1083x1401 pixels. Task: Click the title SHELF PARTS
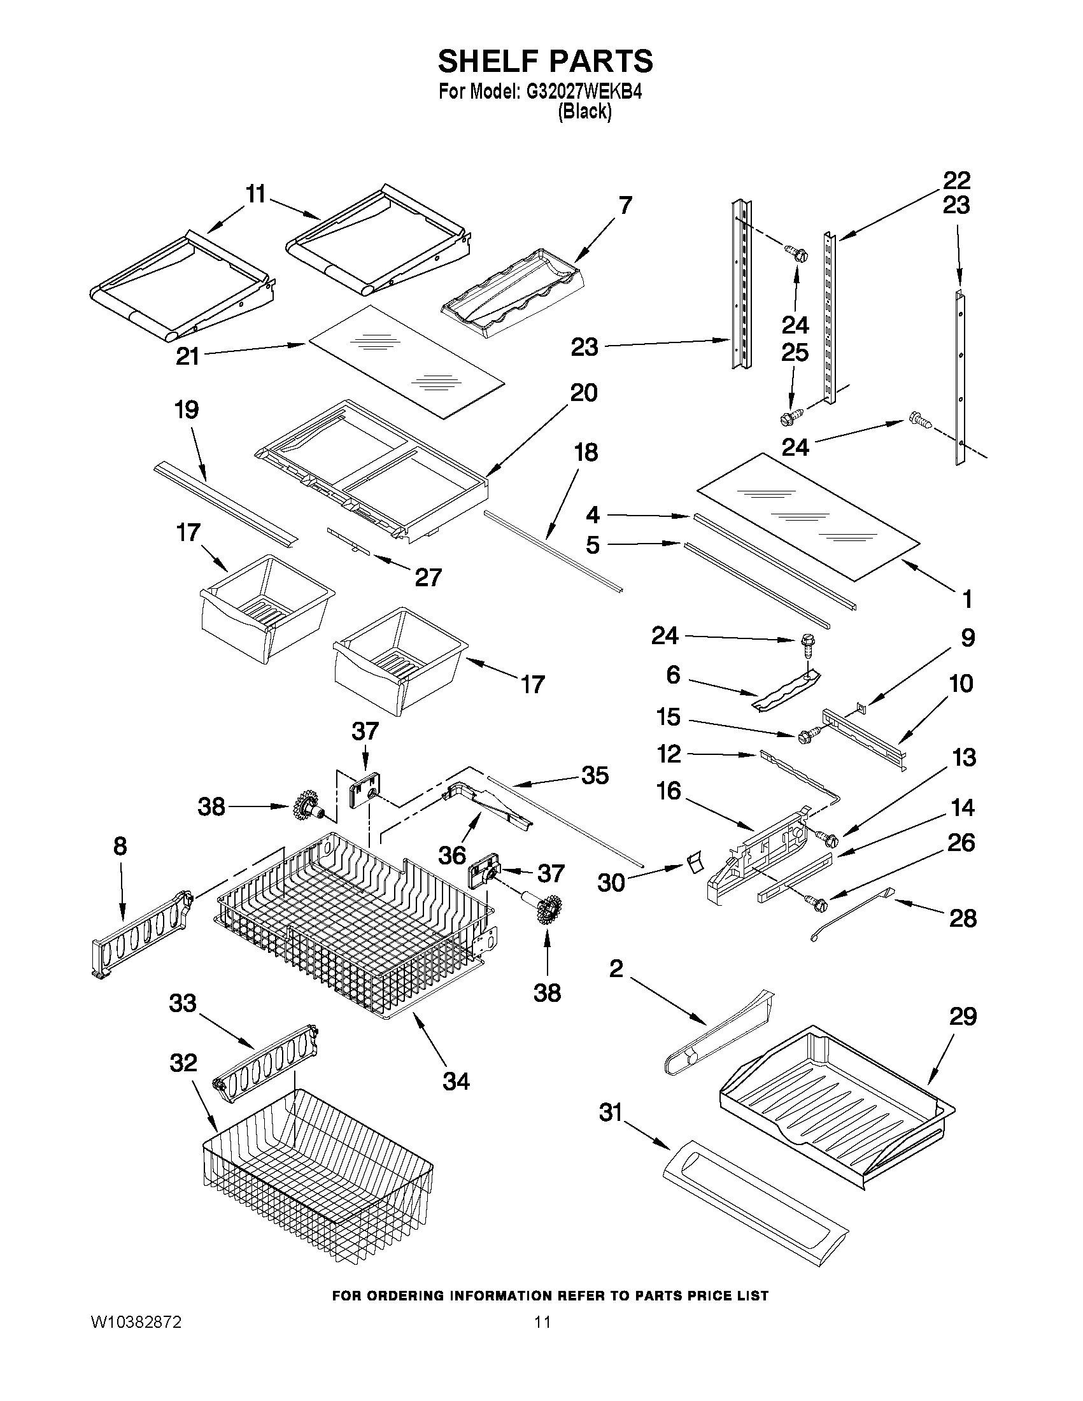tap(546, 62)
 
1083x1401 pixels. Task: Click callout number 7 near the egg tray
tap(625, 205)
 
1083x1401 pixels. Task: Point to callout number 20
tap(583, 393)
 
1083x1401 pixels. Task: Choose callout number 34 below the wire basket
tap(455, 1081)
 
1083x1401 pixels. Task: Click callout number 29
tap(963, 1016)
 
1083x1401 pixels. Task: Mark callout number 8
tap(120, 846)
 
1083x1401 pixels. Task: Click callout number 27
tap(428, 577)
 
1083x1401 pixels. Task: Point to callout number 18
tap(586, 452)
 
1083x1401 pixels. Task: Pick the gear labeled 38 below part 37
tap(548, 910)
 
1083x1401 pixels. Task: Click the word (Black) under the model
tap(584, 112)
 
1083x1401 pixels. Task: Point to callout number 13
tap(965, 757)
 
